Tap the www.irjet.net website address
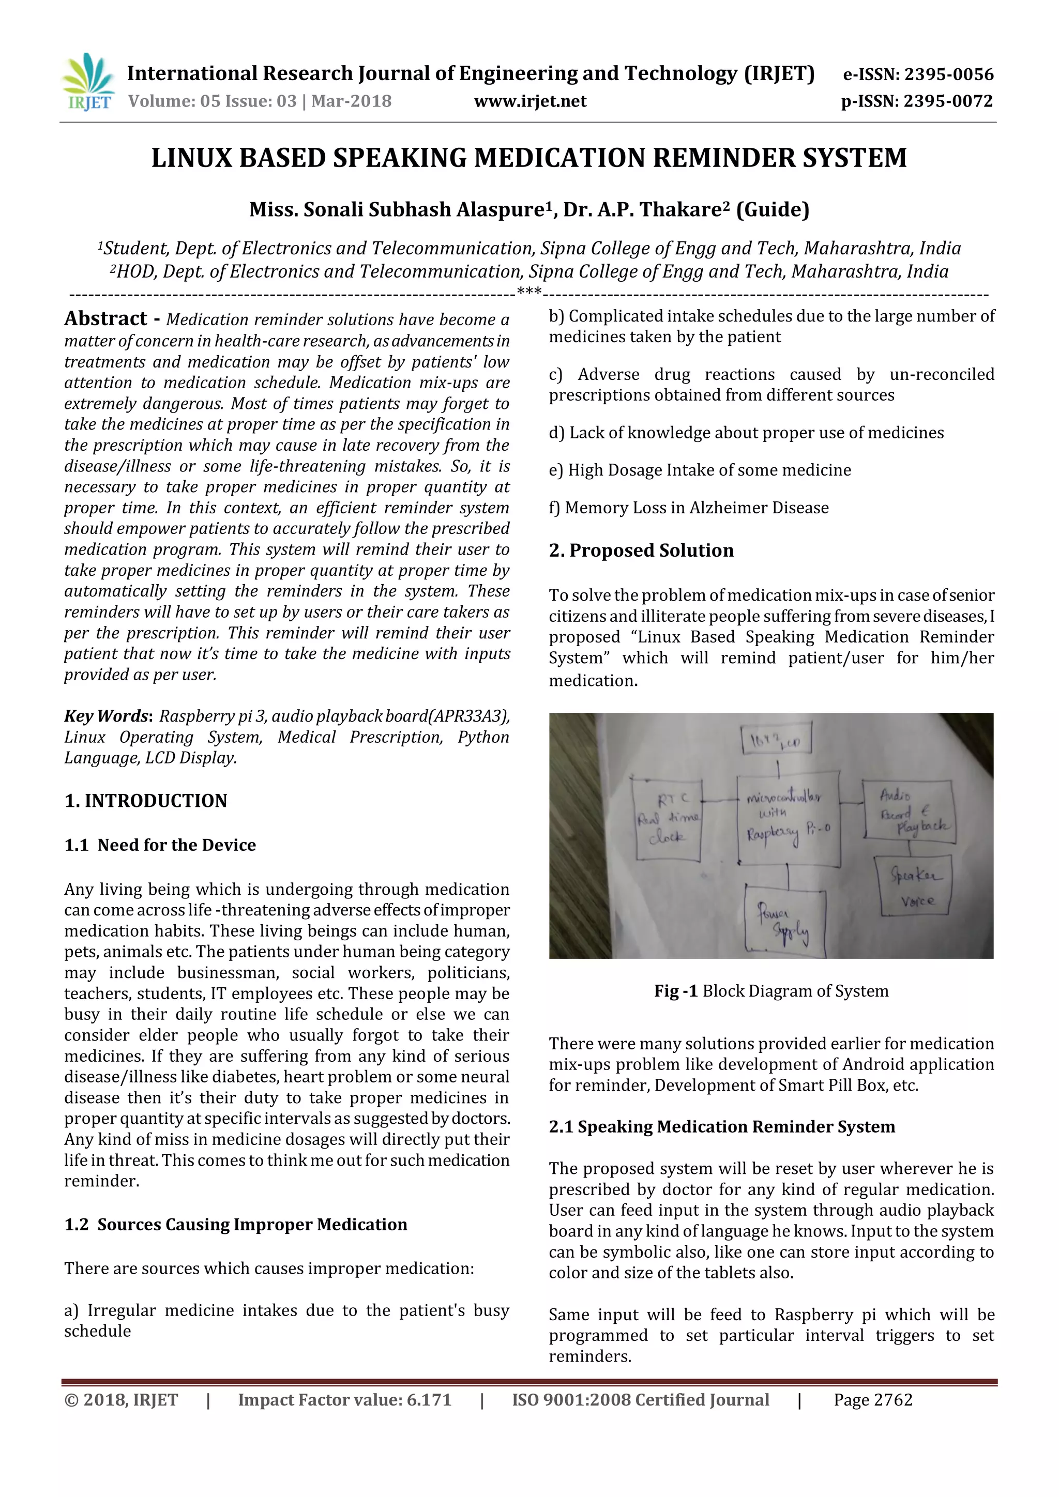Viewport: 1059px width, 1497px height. (x=529, y=101)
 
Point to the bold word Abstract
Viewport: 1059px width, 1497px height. (x=105, y=318)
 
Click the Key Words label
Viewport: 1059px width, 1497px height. (x=108, y=716)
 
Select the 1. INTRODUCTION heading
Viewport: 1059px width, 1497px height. (x=145, y=801)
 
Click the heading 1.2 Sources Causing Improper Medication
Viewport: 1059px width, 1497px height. (x=235, y=1225)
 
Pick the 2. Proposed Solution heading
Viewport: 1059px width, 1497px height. (x=641, y=551)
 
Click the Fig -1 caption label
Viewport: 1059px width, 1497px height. (x=675, y=991)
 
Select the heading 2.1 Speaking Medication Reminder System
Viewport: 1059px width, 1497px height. (x=721, y=1127)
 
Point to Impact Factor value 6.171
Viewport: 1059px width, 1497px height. (x=344, y=1400)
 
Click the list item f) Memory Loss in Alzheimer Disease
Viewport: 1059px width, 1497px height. (x=689, y=508)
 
